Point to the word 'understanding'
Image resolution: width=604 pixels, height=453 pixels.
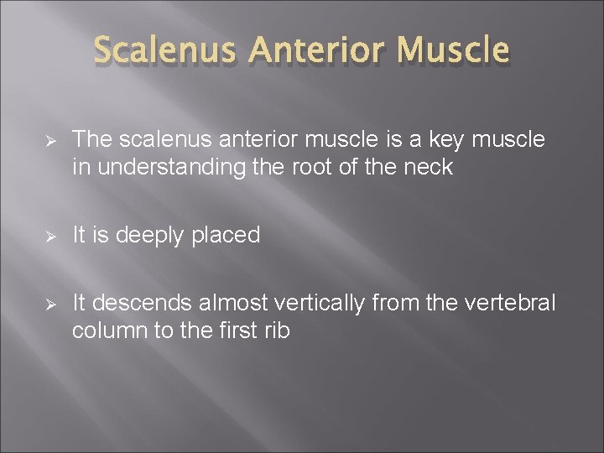pos(157,168)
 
